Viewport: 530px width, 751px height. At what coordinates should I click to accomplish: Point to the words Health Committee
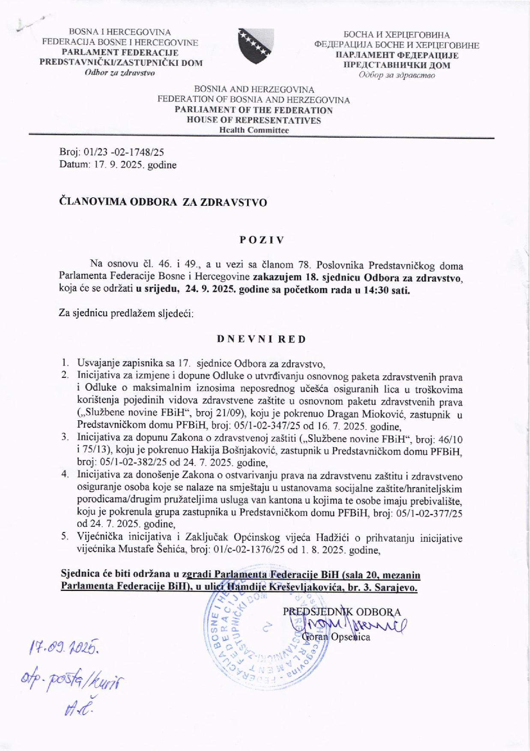point(254,130)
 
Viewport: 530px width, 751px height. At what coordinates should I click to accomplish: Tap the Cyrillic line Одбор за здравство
point(397,75)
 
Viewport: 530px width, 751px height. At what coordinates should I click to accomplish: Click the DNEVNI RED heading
point(262,339)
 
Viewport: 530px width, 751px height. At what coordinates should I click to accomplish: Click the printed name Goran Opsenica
point(336,637)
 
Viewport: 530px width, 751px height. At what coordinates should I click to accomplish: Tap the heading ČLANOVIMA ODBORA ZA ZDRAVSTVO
point(163,202)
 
